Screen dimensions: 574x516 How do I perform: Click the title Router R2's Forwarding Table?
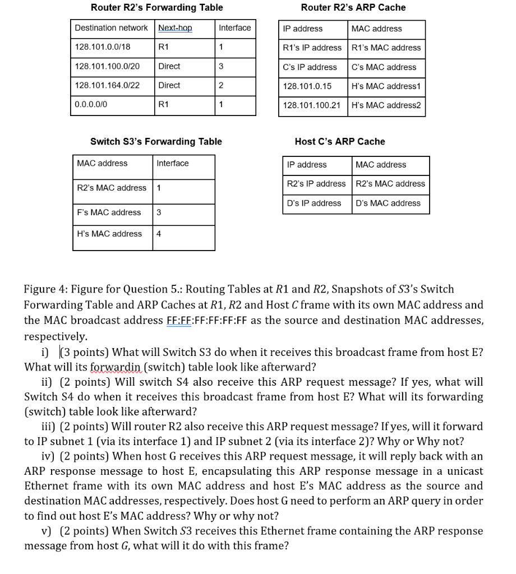(156, 7)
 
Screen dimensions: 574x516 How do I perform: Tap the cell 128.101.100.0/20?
(107, 66)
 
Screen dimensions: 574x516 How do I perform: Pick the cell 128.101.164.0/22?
(107, 85)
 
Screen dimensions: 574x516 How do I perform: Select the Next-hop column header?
(175, 28)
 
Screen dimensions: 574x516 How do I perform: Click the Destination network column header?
(111, 28)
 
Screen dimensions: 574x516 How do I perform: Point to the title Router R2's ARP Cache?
(353, 7)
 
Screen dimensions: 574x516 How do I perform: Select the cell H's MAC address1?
(385, 86)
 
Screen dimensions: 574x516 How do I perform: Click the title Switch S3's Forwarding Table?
(156, 141)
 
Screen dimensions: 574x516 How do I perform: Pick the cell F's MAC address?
(109, 212)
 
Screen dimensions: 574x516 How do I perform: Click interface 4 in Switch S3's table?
(159, 234)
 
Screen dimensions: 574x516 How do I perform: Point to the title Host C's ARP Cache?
(340, 141)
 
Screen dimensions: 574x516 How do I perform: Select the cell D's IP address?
(314, 203)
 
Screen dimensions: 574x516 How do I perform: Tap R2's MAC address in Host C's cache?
(390, 184)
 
